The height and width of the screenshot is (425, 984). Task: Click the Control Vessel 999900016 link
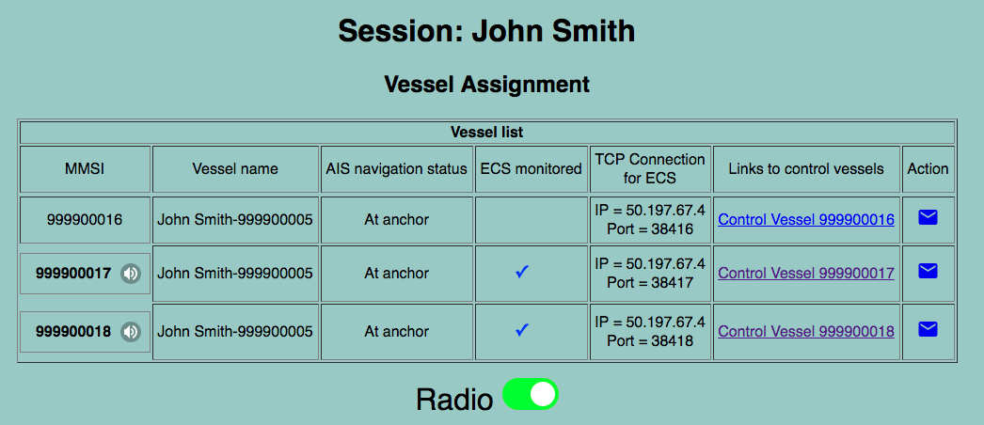[806, 219]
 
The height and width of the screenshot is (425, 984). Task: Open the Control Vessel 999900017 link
[806, 274]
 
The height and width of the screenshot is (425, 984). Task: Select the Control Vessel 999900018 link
[806, 332]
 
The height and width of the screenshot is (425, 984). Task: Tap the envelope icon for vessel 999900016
[928, 217]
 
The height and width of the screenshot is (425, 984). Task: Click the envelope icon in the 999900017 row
[928, 271]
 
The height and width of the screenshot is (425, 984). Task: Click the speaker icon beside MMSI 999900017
[131, 274]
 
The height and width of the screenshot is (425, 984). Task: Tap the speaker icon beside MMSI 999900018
[131, 332]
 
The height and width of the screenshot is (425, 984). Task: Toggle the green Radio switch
[531, 394]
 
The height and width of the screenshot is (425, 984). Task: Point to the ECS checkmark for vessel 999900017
[522, 272]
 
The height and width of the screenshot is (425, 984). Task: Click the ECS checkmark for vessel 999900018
[522, 330]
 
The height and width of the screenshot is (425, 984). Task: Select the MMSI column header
[86, 169]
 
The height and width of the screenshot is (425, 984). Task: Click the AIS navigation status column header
[397, 169]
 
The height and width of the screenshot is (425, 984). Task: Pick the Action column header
[928, 169]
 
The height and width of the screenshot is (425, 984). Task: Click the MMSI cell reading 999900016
[86, 219]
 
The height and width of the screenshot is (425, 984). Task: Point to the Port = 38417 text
[650, 283]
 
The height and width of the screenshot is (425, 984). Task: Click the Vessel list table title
[487, 133]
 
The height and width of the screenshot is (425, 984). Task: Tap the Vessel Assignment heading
[487, 84]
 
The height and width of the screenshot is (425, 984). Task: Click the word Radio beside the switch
[454, 399]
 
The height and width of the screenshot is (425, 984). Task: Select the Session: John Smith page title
[487, 31]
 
